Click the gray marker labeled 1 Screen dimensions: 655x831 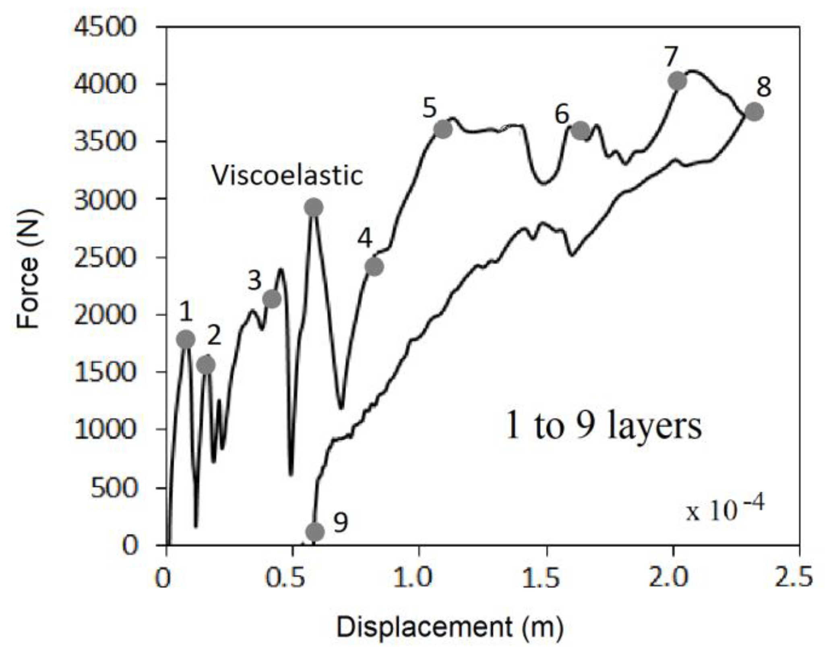[186, 339]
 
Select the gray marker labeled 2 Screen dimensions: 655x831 [206, 365]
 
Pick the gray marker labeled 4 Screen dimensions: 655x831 [374, 266]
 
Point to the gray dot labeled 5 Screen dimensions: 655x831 [443, 129]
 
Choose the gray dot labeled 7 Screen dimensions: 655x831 [677, 81]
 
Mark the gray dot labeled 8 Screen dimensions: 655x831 [754, 111]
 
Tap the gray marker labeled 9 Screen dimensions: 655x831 [315, 531]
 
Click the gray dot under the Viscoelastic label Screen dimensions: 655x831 [314, 208]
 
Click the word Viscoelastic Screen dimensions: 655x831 [287, 176]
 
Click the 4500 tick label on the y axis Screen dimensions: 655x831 [104, 27]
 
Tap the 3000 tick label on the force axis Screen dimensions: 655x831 [104, 200]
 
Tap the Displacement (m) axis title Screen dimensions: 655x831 [449, 628]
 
